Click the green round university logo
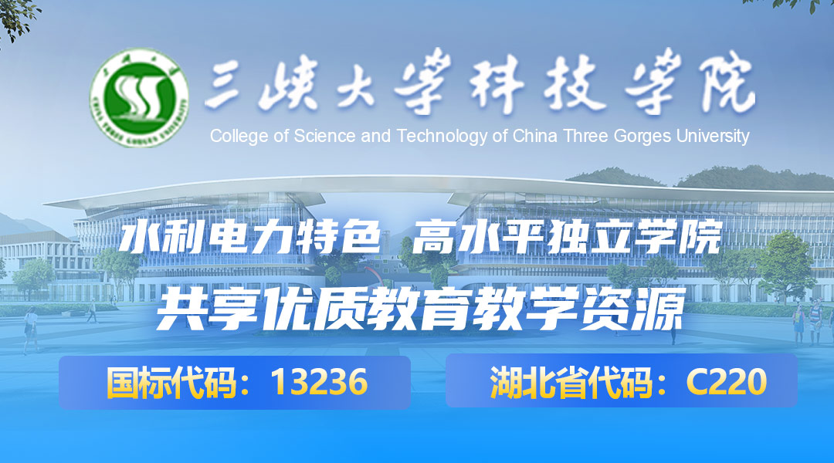point(139,98)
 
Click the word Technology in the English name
point(442,137)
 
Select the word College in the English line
point(239,137)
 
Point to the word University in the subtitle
point(713,137)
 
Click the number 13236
point(319,382)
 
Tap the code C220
point(727,381)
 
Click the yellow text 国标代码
point(171,382)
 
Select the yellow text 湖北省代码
point(571,382)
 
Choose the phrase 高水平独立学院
point(567,237)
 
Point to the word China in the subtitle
point(535,136)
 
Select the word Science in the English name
point(324,136)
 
